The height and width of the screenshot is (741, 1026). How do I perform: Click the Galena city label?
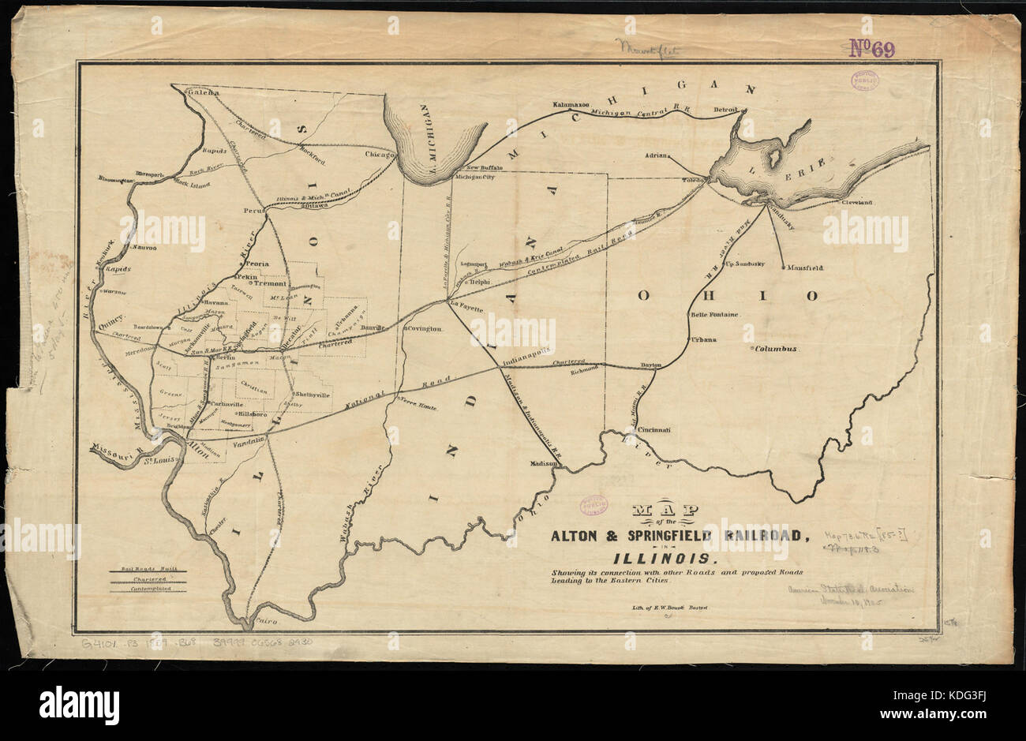(x=202, y=92)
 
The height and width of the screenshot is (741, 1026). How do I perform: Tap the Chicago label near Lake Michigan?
(x=379, y=155)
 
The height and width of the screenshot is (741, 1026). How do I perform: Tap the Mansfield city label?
(x=804, y=268)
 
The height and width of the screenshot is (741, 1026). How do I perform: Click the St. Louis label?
(x=158, y=461)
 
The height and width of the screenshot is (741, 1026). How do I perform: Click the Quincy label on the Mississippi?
(x=114, y=322)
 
